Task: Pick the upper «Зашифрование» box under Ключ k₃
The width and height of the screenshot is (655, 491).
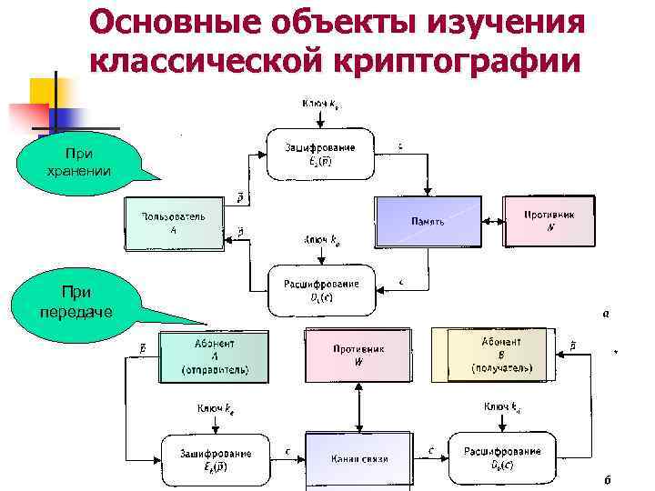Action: tap(319, 153)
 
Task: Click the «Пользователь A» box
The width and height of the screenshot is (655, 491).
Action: tap(173, 223)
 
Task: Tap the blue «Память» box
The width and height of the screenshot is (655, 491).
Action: tap(427, 221)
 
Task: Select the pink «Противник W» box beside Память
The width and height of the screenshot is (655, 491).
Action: tap(549, 219)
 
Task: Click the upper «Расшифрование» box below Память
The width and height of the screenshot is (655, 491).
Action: tap(321, 290)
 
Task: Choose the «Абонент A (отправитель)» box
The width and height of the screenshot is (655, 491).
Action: tap(215, 356)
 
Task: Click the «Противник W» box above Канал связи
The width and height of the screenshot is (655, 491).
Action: tap(358, 356)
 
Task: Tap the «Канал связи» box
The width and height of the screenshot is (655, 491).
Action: tap(358, 458)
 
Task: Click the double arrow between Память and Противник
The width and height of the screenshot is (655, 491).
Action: tap(492, 220)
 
